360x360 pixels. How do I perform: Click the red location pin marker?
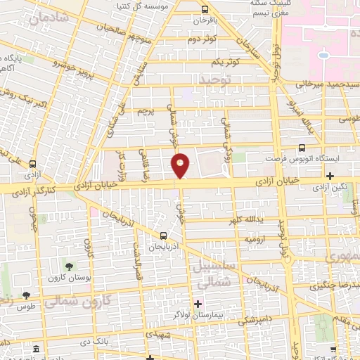tap(181, 165)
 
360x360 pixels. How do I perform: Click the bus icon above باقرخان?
tap(204, 10)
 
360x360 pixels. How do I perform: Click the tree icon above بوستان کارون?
tap(69, 265)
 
